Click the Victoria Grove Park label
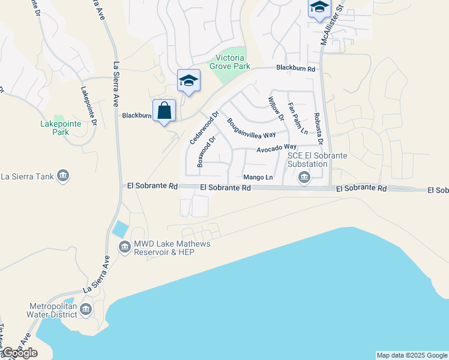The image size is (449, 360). [x=229, y=62]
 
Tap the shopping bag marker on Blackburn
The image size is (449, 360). [x=164, y=111]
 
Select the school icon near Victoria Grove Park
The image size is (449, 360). [x=188, y=81]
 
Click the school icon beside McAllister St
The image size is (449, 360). [x=319, y=8]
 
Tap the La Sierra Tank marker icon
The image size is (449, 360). [x=64, y=176]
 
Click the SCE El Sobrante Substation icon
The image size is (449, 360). [x=304, y=177]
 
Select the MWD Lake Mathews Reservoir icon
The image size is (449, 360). [x=125, y=247]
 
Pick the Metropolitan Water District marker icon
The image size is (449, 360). [x=85, y=310]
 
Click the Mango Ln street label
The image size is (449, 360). [x=258, y=177]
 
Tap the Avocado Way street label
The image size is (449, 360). [x=277, y=147]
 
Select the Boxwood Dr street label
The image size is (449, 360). [x=206, y=152]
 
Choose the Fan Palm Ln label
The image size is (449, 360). [x=297, y=118]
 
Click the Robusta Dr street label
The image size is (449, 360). [x=318, y=129]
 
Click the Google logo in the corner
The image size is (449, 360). [x=19, y=353]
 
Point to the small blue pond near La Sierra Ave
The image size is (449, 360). [x=120, y=229]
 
